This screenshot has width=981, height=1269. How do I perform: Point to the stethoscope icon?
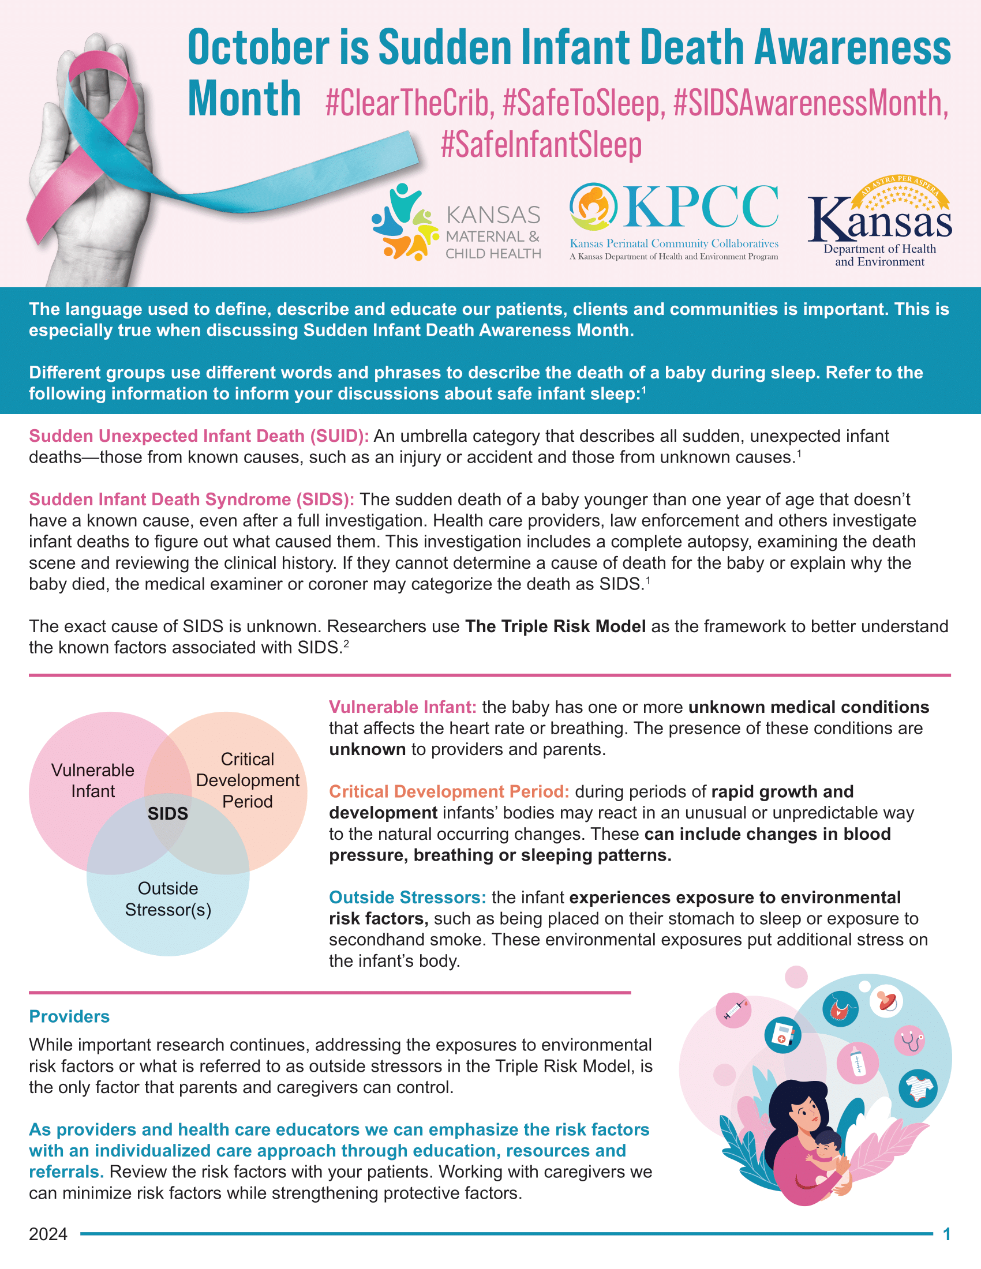[911, 1040]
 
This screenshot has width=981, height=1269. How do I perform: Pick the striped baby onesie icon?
[918, 1088]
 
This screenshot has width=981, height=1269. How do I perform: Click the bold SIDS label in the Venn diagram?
[167, 813]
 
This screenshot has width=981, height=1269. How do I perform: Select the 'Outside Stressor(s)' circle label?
[168, 899]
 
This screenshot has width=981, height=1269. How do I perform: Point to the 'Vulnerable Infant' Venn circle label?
[93, 780]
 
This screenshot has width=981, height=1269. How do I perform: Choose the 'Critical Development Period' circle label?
[248, 780]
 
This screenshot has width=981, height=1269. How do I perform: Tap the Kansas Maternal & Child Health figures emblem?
[405, 222]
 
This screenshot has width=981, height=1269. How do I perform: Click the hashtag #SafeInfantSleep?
[541, 144]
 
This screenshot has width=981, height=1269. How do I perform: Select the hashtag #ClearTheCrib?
[410, 103]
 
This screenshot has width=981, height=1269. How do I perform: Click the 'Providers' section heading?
[69, 1016]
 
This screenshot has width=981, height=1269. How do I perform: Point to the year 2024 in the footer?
[48, 1234]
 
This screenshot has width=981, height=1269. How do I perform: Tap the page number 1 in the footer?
[947, 1234]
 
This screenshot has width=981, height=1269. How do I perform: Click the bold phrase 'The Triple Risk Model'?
[555, 626]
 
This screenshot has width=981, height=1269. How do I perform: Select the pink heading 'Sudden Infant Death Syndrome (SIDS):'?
[192, 500]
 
